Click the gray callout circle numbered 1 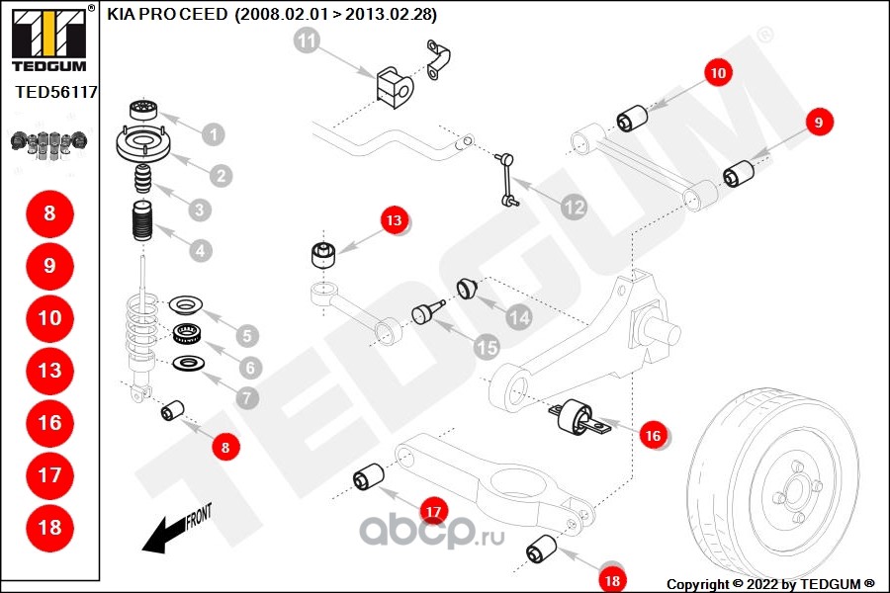click(213, 133)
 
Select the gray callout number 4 click(200, 251)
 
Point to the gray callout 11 click(308, 42)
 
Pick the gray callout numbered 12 click(573, 208)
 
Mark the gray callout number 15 click(486, 347)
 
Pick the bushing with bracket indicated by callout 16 click(578, 419)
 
